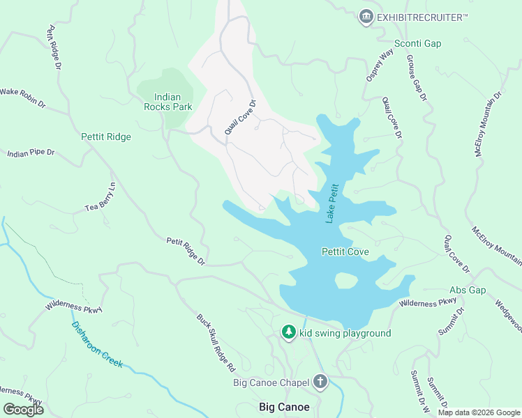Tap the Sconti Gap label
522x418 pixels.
418,43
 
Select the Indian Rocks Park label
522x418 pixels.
162,102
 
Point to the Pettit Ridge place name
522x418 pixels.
105,137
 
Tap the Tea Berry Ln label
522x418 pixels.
100,198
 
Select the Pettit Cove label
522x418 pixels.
345,251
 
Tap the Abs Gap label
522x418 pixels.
467,290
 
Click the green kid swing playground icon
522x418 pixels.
289,333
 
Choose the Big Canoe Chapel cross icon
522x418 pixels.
320,381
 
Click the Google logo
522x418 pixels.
23,410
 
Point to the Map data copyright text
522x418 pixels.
477,412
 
